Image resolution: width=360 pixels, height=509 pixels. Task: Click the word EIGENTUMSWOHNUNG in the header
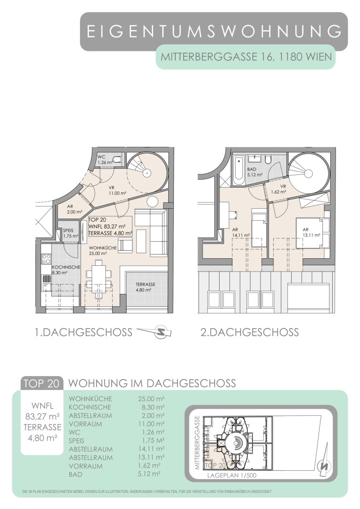(214, 32)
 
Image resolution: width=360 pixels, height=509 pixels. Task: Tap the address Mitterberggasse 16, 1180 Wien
(246, 57)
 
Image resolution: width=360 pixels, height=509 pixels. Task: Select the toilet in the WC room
(117, 159)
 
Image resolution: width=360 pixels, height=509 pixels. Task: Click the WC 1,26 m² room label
(105, 159)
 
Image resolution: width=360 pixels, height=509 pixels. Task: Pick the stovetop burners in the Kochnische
(47, 259)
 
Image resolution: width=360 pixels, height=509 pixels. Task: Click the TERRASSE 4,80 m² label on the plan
(145, 287)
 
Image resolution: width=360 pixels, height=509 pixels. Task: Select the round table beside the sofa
(152, 202)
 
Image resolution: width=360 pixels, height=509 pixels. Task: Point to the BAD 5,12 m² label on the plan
(254, 172)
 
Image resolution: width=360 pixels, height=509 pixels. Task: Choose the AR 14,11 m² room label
(240, 232)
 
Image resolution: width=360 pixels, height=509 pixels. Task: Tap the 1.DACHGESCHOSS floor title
(83, 332)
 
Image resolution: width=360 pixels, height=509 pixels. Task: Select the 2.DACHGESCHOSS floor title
(249, 332)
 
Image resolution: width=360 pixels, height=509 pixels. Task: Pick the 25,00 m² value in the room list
(151, 399)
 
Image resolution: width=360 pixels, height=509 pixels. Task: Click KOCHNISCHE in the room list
(90, 407)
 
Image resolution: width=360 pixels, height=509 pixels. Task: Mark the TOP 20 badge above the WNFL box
(41, 383)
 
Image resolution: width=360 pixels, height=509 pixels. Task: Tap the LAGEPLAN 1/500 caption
(232, 476)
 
